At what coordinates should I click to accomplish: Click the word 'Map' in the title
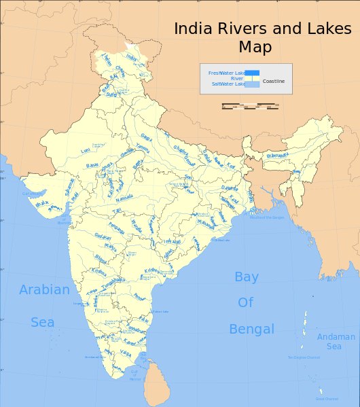[255, 48]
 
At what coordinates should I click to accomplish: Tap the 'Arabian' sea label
[44, 290]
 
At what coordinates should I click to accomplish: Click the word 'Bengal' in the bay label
[251, 330]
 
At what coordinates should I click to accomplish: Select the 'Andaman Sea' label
[336, 341]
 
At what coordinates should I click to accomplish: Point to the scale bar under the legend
[251, 106]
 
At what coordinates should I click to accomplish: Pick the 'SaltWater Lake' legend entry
[228, 84]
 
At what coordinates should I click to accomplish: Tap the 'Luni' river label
[85, 150]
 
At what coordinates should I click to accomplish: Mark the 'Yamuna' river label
[143, 149]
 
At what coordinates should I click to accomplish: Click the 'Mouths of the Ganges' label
[266, 217]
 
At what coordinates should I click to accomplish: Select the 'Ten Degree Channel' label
[303, 357]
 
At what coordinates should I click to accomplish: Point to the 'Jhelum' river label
[105, 60]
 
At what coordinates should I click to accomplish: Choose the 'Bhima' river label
[101, 258]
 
